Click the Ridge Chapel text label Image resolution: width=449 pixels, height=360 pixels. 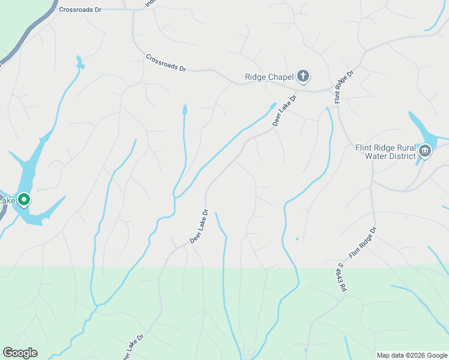click(269, 77)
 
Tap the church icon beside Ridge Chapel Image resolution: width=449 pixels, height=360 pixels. click(304, 76)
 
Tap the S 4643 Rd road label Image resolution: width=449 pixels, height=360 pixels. click(343, 277)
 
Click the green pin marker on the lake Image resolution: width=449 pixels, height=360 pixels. click(24, 199)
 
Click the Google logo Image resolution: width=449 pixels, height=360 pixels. click(20, 353)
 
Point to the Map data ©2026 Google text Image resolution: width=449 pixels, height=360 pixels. click(411, 355)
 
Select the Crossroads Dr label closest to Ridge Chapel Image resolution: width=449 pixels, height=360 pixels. click(166, 62)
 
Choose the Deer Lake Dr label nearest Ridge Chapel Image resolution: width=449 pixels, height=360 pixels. click(285, 110)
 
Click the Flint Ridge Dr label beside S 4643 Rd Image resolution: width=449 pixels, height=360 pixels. click(363, 242)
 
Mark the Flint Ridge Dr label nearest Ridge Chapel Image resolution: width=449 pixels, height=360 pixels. click(345, 85)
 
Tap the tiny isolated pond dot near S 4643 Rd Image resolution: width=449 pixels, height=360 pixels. click(297, 239)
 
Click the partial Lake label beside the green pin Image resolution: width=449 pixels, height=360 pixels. click(7, 200)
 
